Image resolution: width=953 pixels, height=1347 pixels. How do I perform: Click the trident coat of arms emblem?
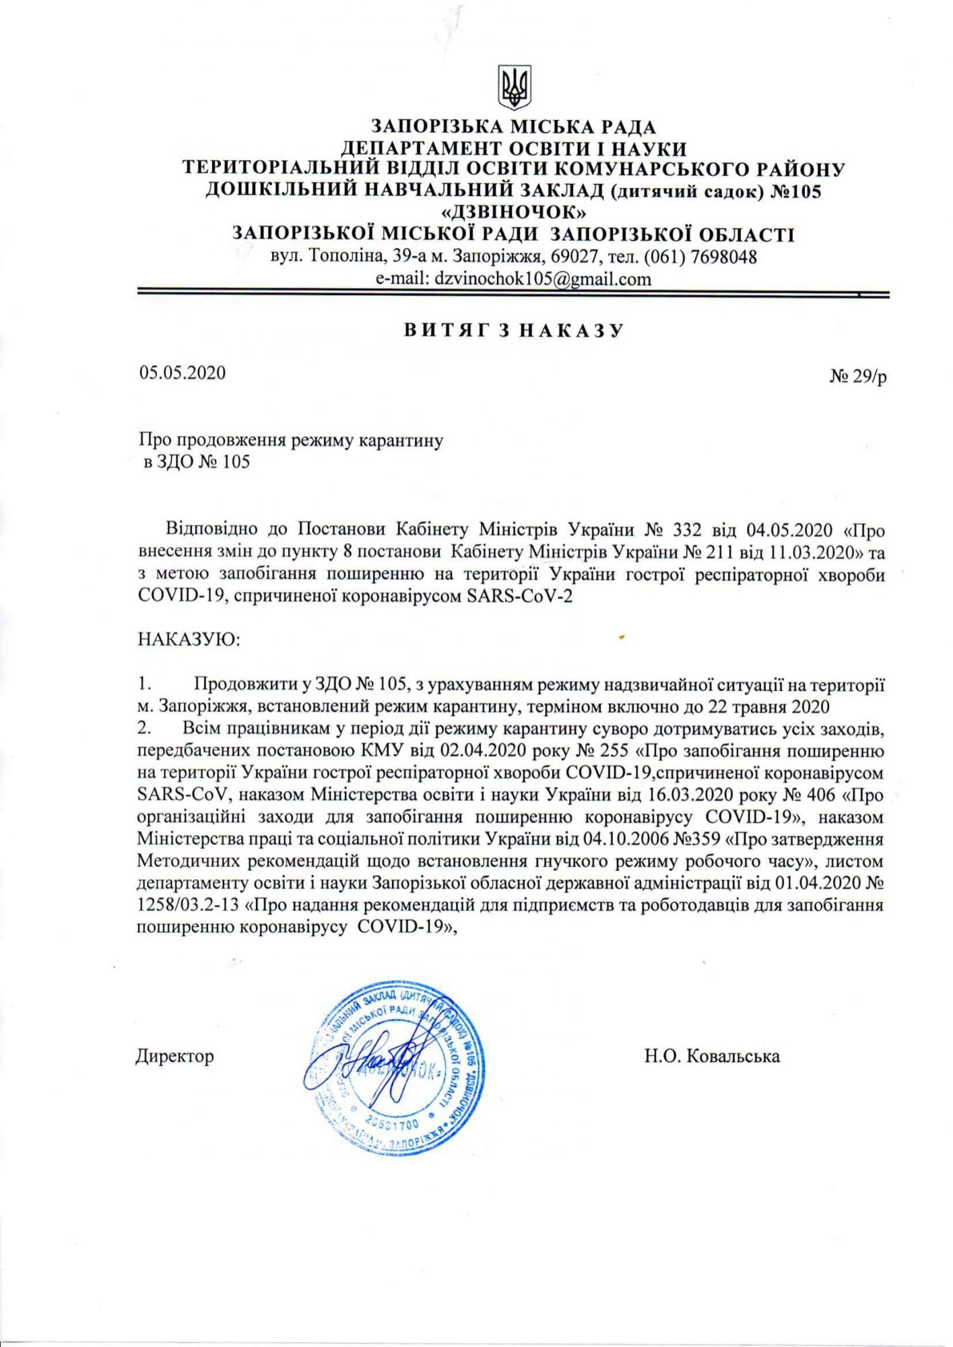pos(515,88)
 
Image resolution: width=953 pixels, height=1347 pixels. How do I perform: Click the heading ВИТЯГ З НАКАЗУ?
pos(514,331)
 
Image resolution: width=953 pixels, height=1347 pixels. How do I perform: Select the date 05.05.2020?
pos(183,372)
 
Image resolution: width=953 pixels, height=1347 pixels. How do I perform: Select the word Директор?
pos(175,1055)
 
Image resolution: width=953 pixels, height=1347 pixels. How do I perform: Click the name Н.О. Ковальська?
pos(712,1055)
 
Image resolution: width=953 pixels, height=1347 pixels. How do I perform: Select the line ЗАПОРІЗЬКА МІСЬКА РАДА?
pos(514,127)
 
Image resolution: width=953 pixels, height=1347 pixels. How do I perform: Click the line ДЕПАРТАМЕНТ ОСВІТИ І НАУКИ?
pos(514,148)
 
